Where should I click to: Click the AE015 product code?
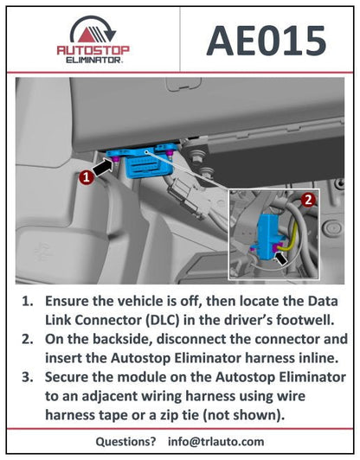coord(267,40)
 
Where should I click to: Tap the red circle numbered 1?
coord(86,176)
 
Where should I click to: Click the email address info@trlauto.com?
coord(217,440)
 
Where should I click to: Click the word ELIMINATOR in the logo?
coord(91,61)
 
